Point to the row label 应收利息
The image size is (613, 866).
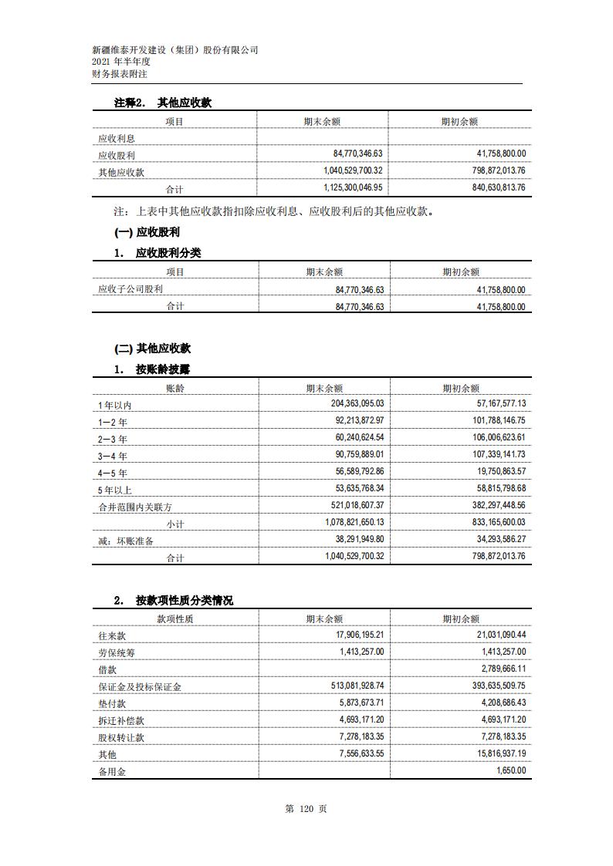pos(115,139)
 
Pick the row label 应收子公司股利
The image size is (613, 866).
pos(130,289)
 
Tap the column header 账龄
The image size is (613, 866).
pos(175,388)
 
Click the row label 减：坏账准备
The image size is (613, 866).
pos(125,541)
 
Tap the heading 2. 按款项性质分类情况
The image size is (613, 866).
pos(174,601)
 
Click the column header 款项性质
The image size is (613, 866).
pos(175,618)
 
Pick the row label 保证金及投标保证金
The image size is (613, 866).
pos(139,686)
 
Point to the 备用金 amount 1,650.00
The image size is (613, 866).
pos(510,770)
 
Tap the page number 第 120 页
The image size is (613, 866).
pos(306,809)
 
